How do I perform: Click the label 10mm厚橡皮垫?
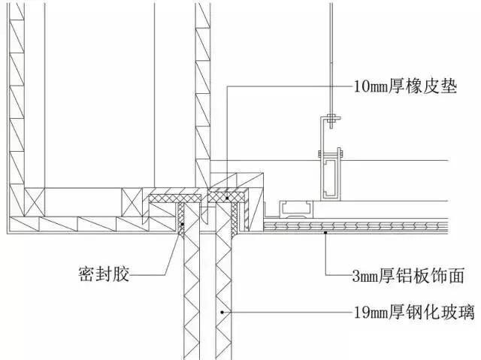click(x=405, y=85)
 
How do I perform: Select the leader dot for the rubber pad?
click(x=224, y=197)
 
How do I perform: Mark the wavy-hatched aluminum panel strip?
click(x=353, y=225)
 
